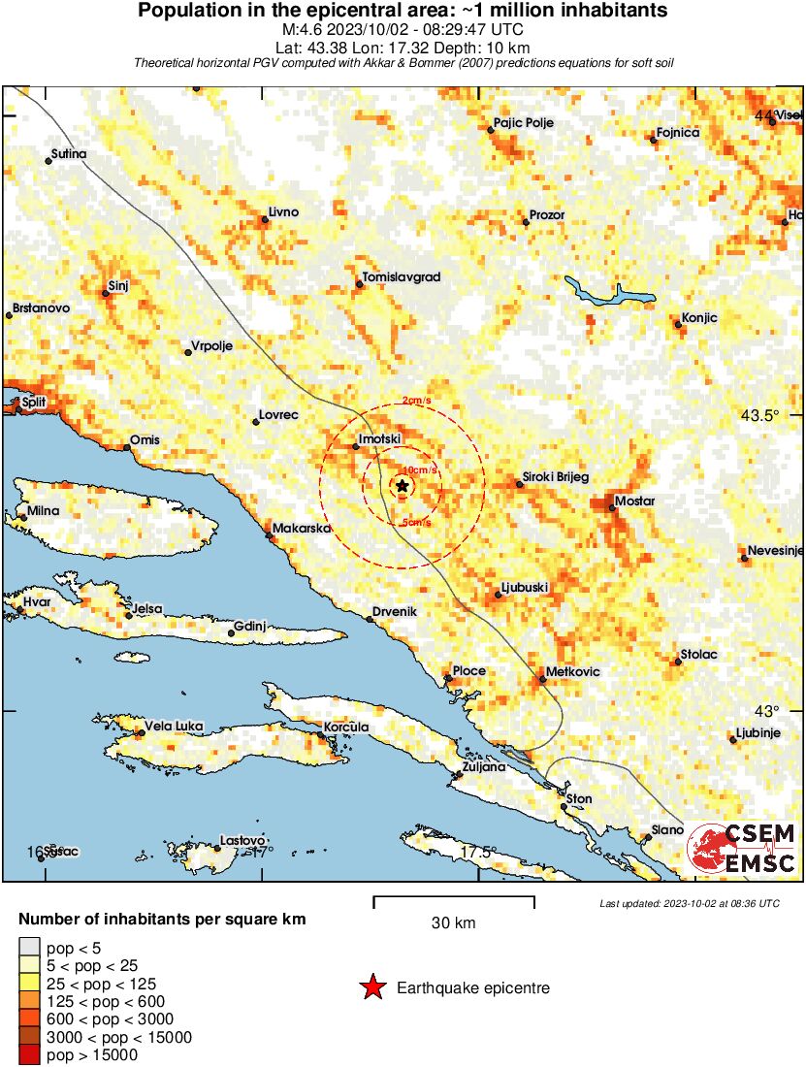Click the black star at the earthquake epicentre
tap(403, 486)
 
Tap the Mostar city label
tap(635, 501)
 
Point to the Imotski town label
tap(380, 439)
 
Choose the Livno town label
tap(283, 212)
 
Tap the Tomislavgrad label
tap(402, 277)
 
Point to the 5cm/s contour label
tap(416, 523)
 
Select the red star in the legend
tap(371, 988)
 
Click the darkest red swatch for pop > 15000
tap(29, 1054)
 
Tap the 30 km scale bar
tap(454, 902)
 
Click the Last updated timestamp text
tap(690, 903)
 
